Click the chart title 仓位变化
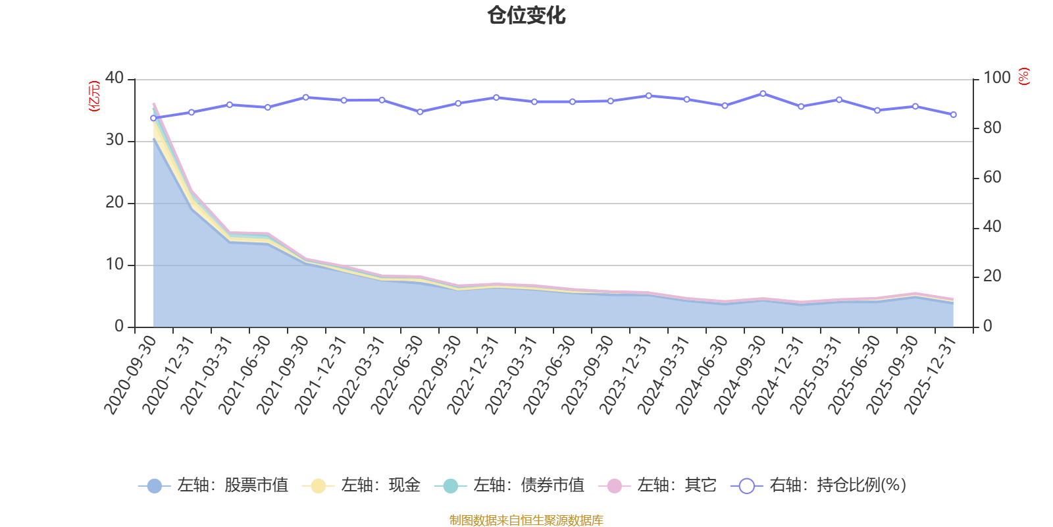[x=526, y=16]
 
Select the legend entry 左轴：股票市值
[x=215, y=485]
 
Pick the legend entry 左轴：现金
[x=362, y=485]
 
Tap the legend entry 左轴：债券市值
[x=510, y=485]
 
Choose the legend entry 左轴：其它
[x=657, y=485]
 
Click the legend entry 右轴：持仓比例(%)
[x=819, y=485]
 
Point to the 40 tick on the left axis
[x=115, y=78]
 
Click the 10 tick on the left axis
[x=115, y=265]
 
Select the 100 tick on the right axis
[x=996, y=78]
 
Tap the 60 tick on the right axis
[x=992, y=177]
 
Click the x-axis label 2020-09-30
[x=132, y=374]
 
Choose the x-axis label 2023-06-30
[x=550, y=374]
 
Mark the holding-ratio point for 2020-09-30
[x=153, y=119]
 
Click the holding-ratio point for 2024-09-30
[x=763, y=94]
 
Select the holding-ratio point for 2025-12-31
[x=953, y=115]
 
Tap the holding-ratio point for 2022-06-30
[x=420, y=112]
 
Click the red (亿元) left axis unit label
[x=94, y=96]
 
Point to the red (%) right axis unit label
[x=1023, y=76]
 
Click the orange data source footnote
[x=526, y=520]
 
